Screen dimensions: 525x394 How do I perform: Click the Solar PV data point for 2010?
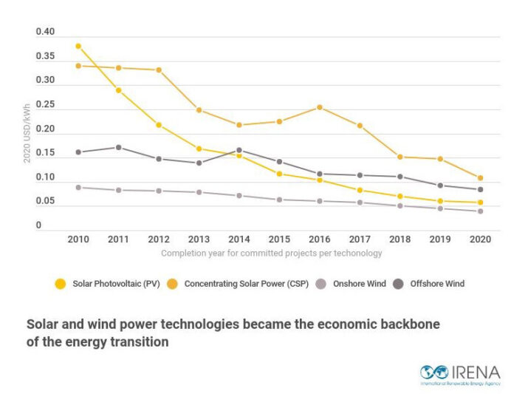78,47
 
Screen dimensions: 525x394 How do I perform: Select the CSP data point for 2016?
320,107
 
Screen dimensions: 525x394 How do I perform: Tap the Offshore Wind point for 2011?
119,148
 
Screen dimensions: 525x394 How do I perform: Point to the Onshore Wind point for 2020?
481,211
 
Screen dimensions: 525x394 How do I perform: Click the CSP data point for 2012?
159,70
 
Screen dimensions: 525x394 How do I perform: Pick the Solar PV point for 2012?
159,125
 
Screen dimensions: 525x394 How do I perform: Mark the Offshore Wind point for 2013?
199,163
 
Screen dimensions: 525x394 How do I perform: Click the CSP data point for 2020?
481,178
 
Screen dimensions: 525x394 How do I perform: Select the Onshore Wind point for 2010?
78,188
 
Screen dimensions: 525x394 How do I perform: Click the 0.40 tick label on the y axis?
45,32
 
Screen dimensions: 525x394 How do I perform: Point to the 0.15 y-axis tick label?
45,152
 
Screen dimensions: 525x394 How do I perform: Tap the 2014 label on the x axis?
239,240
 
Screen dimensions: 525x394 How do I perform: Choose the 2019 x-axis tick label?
440,240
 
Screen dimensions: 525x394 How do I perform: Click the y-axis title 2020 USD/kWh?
27,134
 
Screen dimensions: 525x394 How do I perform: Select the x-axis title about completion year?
272,253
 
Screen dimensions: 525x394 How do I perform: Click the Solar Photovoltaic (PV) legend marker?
61,284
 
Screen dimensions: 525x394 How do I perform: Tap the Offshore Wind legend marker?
398,284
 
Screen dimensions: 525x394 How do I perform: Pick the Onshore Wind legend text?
360,284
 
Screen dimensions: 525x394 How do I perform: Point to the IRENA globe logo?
434,372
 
